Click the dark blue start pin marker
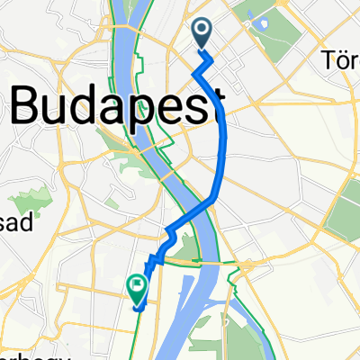point(201,33)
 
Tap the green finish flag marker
point(137,289)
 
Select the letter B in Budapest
point(27,108)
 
